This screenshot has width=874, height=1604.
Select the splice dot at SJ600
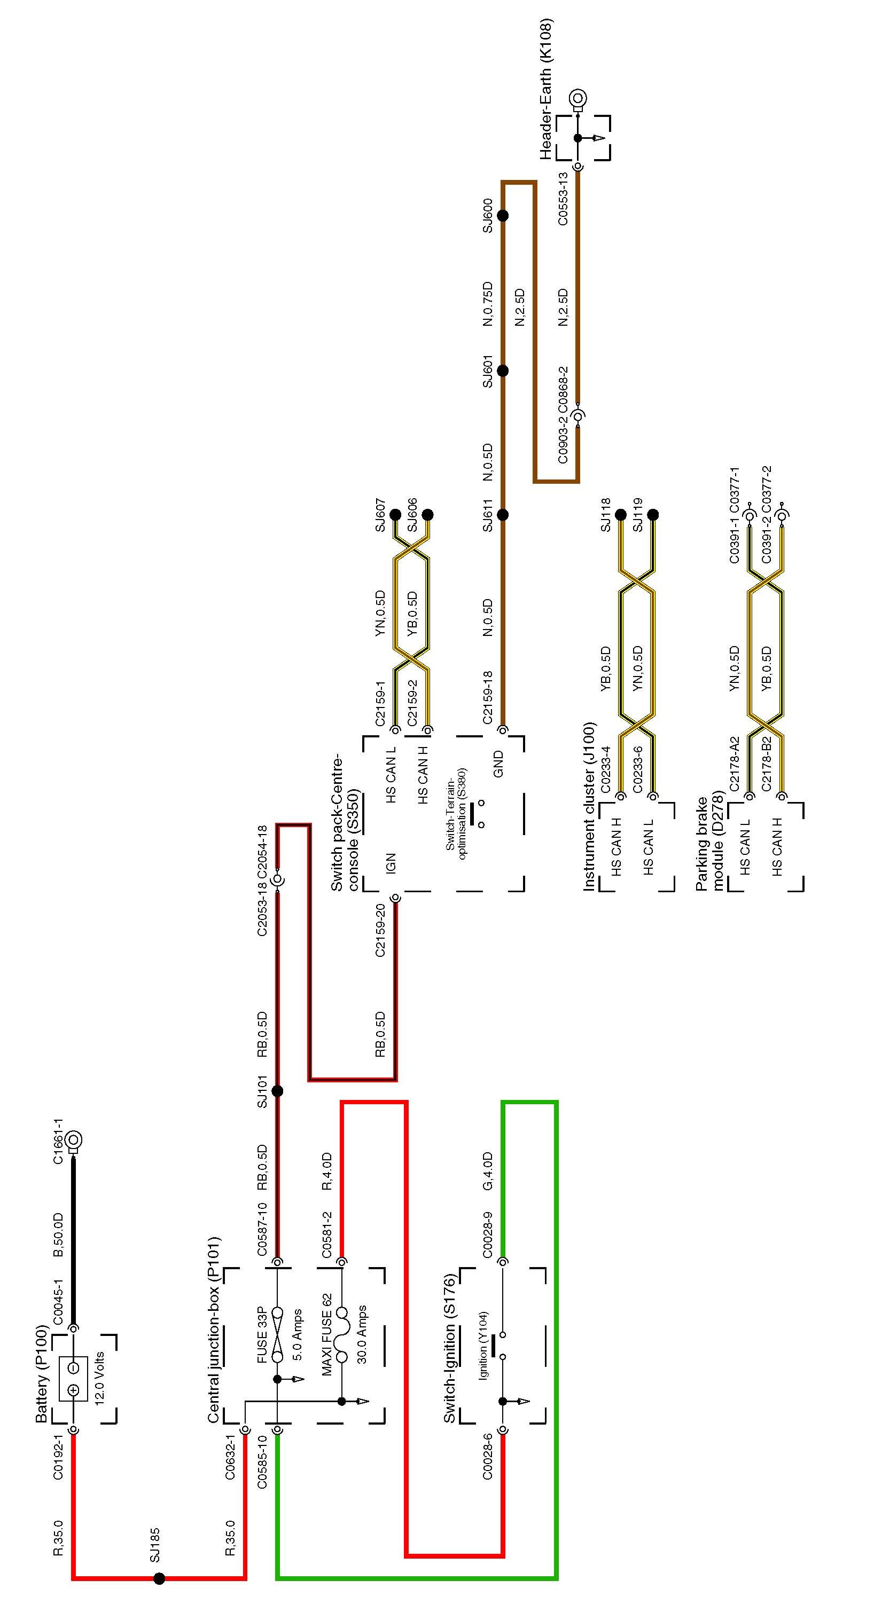click(503, 215)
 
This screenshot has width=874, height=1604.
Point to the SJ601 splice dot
click(503, 371)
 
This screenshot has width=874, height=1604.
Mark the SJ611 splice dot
click(503, 515)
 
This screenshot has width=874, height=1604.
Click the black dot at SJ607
click(395, 515)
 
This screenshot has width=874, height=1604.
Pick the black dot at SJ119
click(653, 515)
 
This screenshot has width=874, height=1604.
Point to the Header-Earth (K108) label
click(547, 89)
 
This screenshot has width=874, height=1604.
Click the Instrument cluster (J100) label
click(589, 807)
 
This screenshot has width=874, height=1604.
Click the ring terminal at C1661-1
click(74, 1140)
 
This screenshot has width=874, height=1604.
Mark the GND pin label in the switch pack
click(498, 764)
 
